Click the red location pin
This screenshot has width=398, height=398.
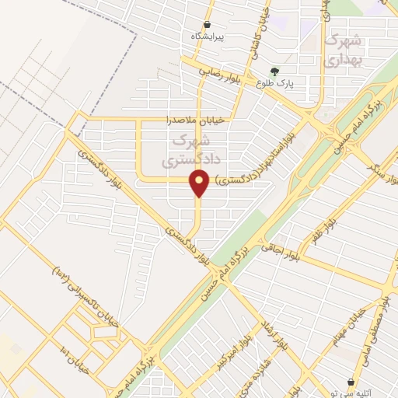pos(200,183)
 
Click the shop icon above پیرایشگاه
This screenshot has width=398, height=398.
pos(207,25)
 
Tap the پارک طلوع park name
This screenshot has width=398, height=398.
pos(275,85)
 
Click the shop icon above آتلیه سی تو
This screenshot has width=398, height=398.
pos(351,382)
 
